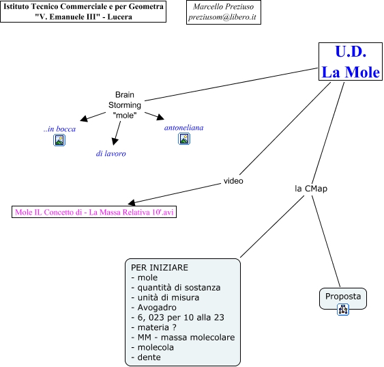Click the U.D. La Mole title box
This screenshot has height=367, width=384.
351,62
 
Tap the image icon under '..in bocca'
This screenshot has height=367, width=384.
59,140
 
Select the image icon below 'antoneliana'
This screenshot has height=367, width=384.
184,139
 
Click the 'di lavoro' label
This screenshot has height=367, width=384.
111,154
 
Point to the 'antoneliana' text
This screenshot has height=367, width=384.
184,128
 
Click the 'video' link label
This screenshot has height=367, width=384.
233,181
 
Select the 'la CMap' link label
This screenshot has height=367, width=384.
311,189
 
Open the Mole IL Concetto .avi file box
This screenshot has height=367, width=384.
94,212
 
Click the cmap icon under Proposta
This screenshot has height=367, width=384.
343,310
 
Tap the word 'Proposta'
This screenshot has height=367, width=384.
343,297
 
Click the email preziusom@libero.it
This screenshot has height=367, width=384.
222,17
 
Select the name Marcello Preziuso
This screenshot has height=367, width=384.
223,7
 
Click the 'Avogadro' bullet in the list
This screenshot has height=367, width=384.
153,308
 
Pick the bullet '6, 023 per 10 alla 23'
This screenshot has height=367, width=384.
177,317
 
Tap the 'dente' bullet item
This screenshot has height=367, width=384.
146,357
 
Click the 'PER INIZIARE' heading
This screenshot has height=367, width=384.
160,267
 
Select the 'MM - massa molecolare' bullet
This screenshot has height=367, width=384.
183,338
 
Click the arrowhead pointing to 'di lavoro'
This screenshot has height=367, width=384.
115,141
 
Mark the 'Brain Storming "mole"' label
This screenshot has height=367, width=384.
125,105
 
